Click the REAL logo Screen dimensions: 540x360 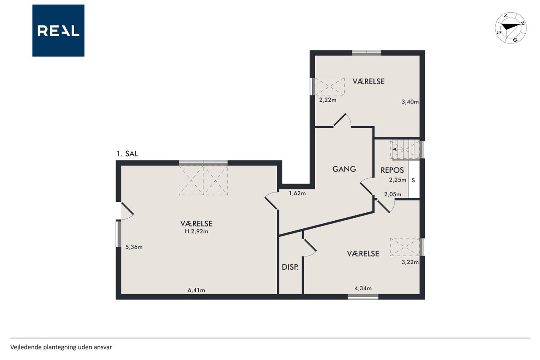[58, 30]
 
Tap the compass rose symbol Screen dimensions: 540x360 [510, 28]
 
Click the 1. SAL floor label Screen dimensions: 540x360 [127, 154]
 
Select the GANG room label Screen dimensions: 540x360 [344, 169]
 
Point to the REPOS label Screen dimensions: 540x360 [392, 170]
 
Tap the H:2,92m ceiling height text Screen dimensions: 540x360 [197, 231]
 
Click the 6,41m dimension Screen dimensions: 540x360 [197, 290]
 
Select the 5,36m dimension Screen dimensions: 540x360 [134, 247]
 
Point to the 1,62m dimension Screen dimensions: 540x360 [297, 193]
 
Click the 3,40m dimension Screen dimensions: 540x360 [410, 102]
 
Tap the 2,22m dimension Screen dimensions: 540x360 [328, 100]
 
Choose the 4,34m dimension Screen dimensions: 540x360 [363, 288]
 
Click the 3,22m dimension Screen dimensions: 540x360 [410, 262]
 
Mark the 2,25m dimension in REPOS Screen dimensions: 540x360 [398, 180]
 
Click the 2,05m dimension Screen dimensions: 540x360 [393, 194]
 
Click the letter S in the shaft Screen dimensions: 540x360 [413, 180]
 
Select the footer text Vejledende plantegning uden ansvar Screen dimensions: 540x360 [61, 347]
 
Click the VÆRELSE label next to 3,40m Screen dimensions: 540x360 [369, 81]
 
